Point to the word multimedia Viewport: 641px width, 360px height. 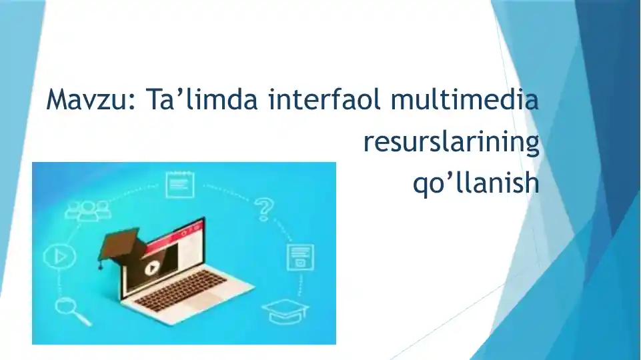tap(464, 101)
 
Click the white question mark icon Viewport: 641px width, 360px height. tap(265, 209)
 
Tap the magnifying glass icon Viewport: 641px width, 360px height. tap(67, 309)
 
